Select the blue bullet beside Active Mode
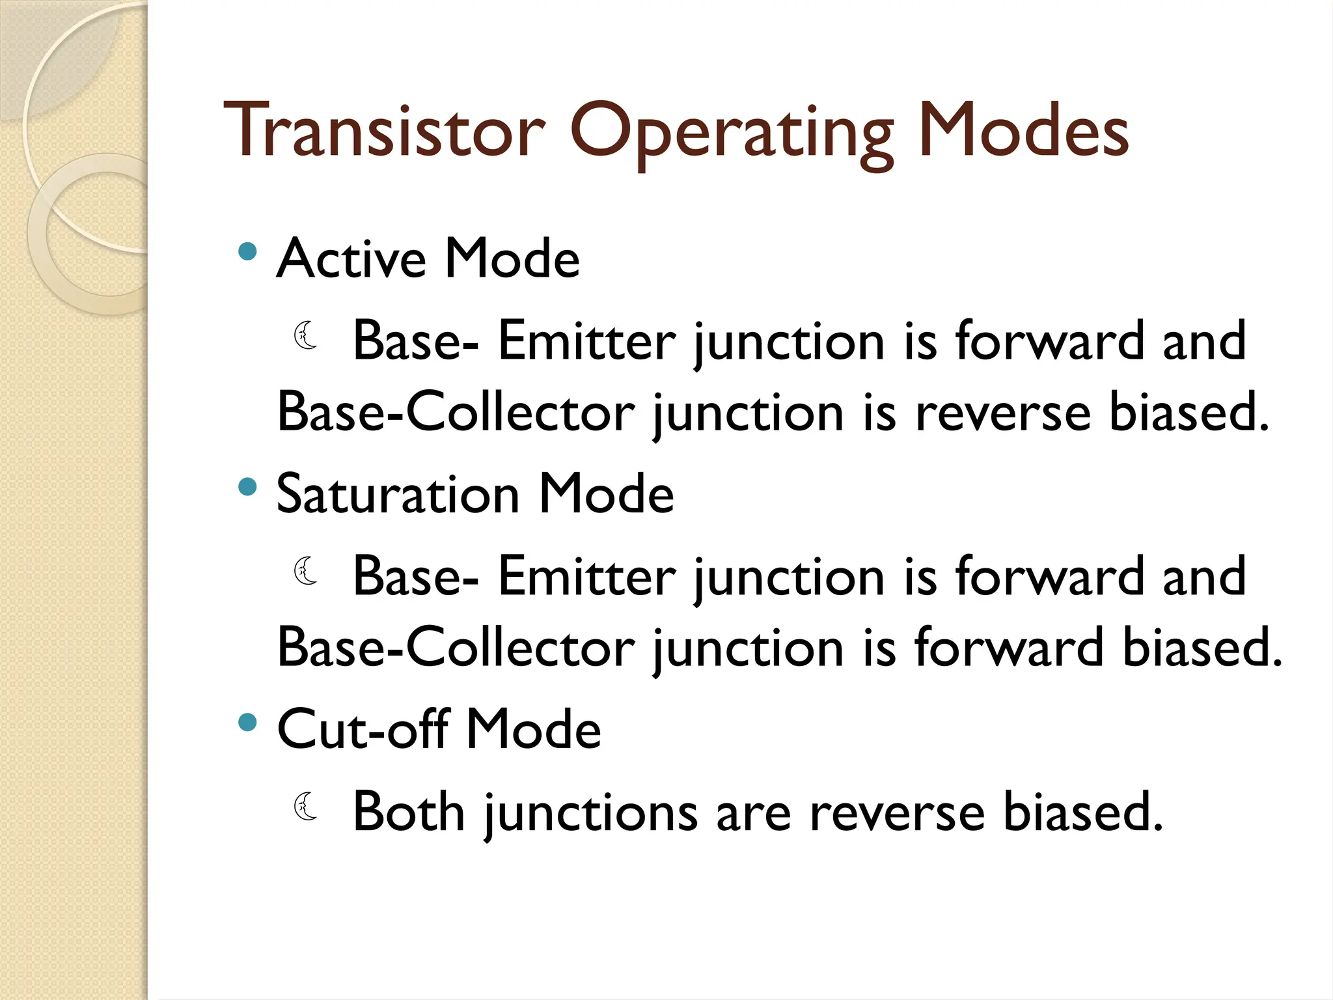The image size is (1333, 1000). pyautogui.click(x=247, y=251)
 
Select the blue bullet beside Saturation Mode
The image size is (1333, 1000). pyautogui.click(x=247, y=487)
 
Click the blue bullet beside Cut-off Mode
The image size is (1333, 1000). pyautogui.click(x=247, y=722)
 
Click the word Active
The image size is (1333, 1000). pyautogui.click(x=351, y=258)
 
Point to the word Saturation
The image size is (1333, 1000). pyautogui.click(x=398, y=494)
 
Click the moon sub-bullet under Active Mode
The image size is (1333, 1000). pyautogui.click(x=306, y=336)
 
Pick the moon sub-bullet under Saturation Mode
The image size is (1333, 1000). pyautogui.click(x=306, y=571)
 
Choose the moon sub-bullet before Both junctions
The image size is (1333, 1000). pyautogui.click(x=306, y=807)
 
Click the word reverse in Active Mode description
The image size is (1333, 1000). pyautogui.click(x=1002, y=413)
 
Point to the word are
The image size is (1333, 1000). pyautogui.click(x=753, y=814)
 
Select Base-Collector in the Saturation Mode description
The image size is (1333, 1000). pyautogui.click(x=456, y=647)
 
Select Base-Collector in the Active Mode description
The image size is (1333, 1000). pyautogui.click(x=456, y=412)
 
